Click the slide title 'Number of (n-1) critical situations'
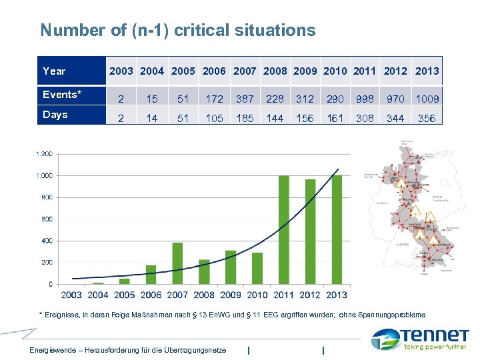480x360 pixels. (177, 30)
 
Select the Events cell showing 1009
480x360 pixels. (427, 99)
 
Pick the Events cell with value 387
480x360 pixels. (245, 99)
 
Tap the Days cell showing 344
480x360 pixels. (395, 118)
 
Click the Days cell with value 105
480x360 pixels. (214, 118)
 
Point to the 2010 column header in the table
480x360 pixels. (335, 71)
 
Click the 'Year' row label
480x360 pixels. (54, 71)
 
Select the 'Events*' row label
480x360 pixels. (61, 94)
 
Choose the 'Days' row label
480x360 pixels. (55, 115)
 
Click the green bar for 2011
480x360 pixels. (283, 229)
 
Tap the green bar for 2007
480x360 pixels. (177, 263)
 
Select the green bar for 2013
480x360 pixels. (337, 229)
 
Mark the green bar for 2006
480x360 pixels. (151, 274)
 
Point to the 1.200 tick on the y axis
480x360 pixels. (43, 153)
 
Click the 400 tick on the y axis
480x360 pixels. (46, 241)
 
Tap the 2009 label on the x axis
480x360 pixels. (231, 295)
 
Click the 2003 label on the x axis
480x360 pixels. (71, 295)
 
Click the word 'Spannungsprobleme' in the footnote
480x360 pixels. (391, 314)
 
